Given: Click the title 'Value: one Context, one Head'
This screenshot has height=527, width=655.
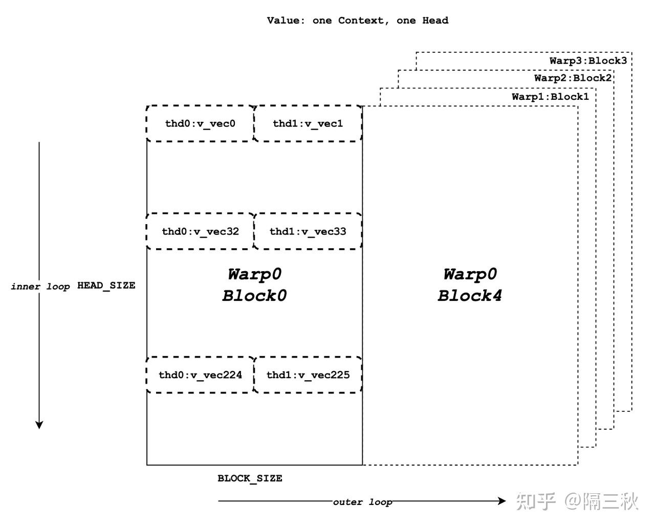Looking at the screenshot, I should [357, 20].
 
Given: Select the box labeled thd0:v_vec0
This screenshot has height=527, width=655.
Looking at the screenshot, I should [200, 123].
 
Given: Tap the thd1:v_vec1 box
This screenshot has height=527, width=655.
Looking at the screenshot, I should [308, 123].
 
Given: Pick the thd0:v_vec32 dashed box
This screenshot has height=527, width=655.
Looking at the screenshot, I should [200, 231].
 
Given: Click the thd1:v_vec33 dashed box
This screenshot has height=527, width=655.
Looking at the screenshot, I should [308, 231].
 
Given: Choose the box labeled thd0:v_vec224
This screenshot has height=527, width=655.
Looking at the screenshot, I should [200, 375].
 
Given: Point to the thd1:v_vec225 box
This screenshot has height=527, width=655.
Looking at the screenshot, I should [308, 375].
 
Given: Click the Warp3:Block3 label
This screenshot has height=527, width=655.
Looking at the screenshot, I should [588, 60].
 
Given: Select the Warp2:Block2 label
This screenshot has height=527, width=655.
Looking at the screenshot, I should [573, 78].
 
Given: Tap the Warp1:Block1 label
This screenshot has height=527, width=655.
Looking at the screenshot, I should [550, 97].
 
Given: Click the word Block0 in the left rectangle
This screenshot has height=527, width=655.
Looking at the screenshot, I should [254, 296].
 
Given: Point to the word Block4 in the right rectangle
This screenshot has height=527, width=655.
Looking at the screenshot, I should [470, 296].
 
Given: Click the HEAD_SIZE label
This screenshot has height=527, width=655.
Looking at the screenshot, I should [106, 286].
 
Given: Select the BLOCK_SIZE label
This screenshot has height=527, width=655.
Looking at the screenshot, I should [250, 478].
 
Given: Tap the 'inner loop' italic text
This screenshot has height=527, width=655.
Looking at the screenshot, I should [40, 287].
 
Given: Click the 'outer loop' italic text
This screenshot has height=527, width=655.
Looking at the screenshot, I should [362, 502].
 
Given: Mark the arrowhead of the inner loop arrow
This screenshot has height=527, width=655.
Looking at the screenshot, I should [39, 425].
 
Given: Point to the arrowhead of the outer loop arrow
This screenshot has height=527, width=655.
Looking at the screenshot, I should [502, 501].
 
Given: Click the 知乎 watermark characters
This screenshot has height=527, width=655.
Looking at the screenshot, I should [535, 501].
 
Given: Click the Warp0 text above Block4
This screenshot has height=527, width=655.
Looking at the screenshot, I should [470, 274].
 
